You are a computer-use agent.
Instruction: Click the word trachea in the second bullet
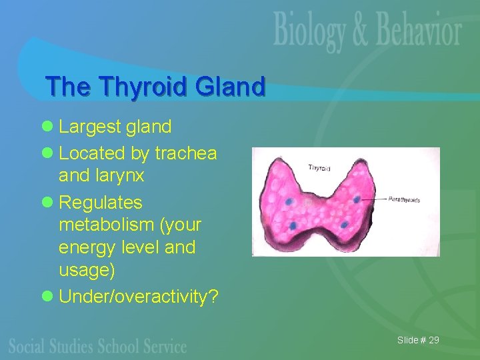coord(185,153)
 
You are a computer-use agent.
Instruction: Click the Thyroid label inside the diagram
coord(319,168)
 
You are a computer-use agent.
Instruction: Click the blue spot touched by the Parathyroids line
coord(357,199)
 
